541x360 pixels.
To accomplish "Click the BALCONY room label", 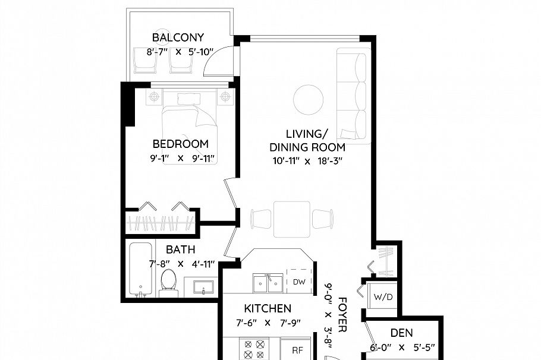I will pyautogui.click(x=178, y=38).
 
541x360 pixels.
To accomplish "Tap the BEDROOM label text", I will pyautogui.click(x=180, y=144).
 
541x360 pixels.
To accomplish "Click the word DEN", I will pyautogui.click(x=402, y=333).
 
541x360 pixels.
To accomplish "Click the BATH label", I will pyautogui.click(x=180, y=250).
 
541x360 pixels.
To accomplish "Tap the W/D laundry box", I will pyautogui.click(x=382, y=296).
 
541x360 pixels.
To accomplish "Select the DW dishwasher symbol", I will pyautogui.click(x=299, y=282).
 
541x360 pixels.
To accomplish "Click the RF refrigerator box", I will pyautogui.click(x=296, y=350).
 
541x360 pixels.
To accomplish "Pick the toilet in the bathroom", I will pyautogui.click(x=169, y=282).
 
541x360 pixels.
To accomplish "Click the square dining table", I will pyautogui.click(x=291, y=219).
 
